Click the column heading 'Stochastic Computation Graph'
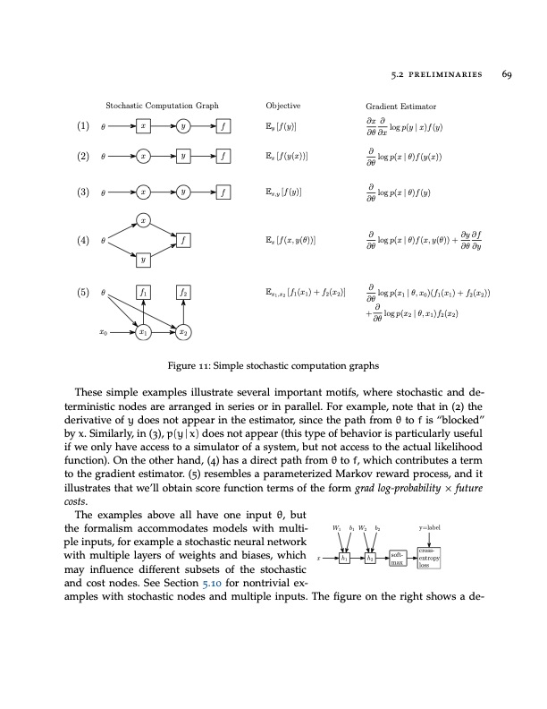[x=162, y=106]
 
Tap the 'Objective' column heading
[x=284, y=106]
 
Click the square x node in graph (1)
[x=144, y=126]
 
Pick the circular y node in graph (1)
[x=182, y=126]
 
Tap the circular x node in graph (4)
[x=144, y=219]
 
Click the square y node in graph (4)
[x=144, y=260]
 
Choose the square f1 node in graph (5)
[x=144, y=292]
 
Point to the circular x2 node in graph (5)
[x=182, y=332]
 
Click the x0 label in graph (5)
[x=104, y=332]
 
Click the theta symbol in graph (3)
[x=104, y=191]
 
